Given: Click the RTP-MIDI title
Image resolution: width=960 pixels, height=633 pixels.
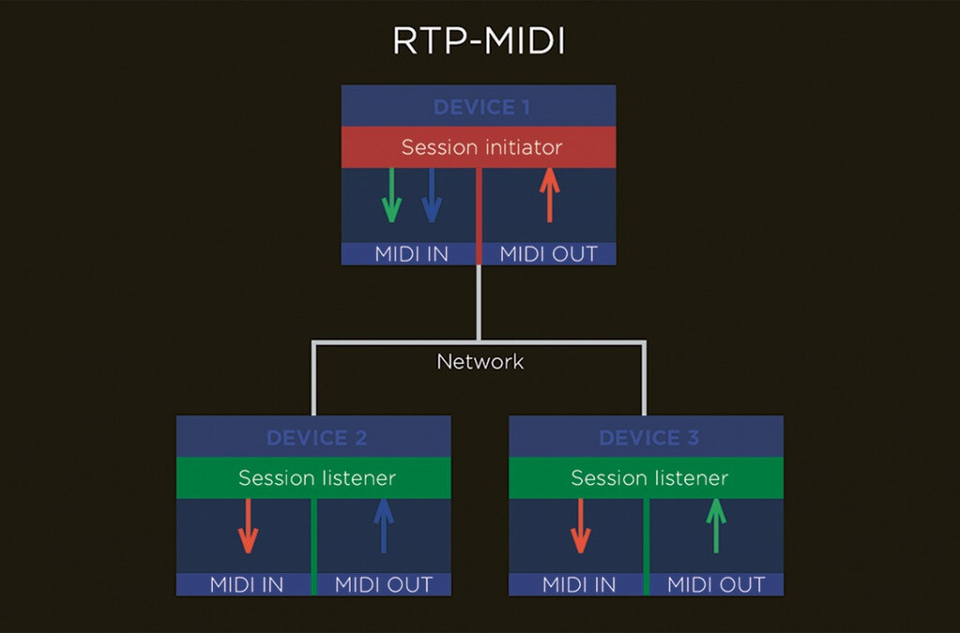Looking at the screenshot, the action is (x=479, y=41).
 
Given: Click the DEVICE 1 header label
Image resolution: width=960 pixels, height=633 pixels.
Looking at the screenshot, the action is (x=482, y=107).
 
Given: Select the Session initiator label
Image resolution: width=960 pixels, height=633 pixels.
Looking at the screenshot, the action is (x=482, y=147).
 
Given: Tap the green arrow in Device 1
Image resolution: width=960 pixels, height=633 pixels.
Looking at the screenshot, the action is (x=392, y=195).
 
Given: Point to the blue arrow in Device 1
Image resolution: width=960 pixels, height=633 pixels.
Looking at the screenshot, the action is (x=431, y=195).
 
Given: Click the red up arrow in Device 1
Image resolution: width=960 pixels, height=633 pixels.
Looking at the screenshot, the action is (x=549, y=195).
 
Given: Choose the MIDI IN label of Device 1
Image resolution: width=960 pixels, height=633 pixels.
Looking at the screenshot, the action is (x=412, y=254).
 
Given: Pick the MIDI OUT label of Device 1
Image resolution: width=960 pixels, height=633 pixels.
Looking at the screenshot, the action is (x=548, y=254).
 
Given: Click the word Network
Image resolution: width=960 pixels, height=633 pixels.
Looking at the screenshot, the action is (x=480, y=362).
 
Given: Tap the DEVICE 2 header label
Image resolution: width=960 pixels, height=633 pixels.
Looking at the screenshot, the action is (x=317, y=438).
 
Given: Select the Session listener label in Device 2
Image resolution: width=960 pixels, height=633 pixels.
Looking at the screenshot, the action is (x=317, y=478).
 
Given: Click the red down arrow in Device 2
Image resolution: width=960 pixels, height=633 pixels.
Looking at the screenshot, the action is (x=247, y=526).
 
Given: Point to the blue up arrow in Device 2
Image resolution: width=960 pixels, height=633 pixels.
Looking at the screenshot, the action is (x=383, y=526).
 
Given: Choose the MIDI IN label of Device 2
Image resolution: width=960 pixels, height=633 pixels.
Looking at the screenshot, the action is (x=247, y=584).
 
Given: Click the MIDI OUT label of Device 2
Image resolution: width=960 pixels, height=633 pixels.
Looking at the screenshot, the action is (x=383, y=584).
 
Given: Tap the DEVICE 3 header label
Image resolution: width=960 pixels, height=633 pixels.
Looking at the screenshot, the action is (x=649, y=438).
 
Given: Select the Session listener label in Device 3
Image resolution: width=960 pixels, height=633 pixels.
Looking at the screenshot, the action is (x=650, y=478).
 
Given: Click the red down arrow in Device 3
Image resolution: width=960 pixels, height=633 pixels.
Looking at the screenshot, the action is (x=580, y=526).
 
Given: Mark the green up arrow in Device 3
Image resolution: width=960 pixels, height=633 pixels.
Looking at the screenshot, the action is (x=715, y=526).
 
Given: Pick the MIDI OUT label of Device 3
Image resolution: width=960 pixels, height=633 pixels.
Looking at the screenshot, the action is (x=716, y=584).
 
